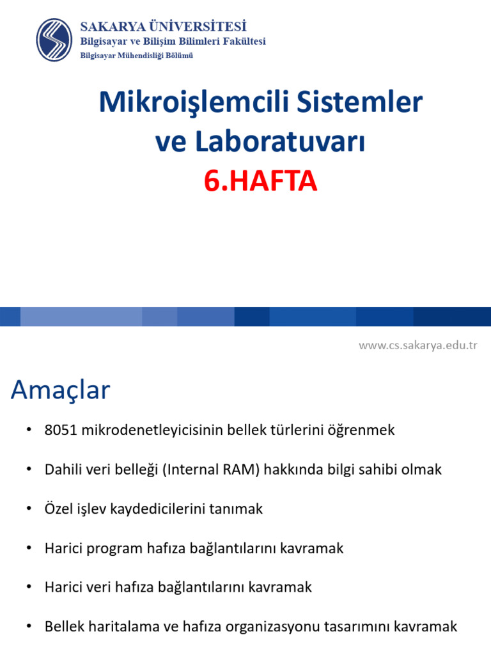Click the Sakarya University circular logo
click(54, 40)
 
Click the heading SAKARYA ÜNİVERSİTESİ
click(163, 27)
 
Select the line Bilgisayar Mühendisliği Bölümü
click(136, 56)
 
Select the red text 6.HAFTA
click(260, 182)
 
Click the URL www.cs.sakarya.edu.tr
click(417, 345)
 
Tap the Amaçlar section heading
click(61, 390)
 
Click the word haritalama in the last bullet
click(121, 627)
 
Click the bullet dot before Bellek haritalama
click(29, 627)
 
